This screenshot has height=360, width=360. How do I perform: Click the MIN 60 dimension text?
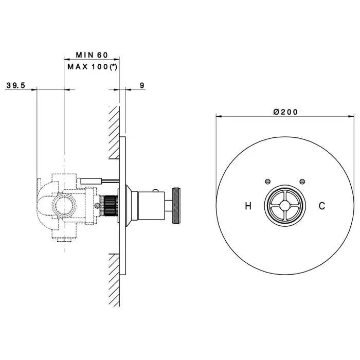(x=92, y=55)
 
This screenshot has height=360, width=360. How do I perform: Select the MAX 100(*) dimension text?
(x=92, y=67)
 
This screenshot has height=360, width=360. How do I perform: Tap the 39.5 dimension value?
(x=15, y=85)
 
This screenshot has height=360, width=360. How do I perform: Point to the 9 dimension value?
(x=142, y=85)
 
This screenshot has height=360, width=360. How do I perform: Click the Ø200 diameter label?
(x=285, y=112)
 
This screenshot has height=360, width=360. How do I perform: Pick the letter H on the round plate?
(x=248, y=206)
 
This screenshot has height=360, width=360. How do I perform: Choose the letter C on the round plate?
(x=322, y=206)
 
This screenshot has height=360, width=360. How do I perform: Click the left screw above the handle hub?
(x=267, y=182)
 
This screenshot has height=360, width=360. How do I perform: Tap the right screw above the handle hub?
(x=302, y=182)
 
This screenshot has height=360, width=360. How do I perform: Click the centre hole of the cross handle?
(x=285, y=206)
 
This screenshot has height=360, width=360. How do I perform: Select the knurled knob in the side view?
(x=176, y=206)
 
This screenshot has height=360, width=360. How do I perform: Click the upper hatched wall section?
(x=114, y=133)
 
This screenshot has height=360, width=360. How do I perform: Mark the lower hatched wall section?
(x=114, y=280)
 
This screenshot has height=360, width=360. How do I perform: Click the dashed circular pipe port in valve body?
(x=64, y=205)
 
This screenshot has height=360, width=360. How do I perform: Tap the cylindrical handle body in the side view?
(x=151, y=206)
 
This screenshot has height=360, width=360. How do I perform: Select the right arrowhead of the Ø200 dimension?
(x=351, y=116)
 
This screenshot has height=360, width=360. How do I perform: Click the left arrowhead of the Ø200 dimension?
(x=219, y=116)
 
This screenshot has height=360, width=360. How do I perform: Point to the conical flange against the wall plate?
(x=132, y=206)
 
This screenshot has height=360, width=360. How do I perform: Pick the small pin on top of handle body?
(x=156, y=190)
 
